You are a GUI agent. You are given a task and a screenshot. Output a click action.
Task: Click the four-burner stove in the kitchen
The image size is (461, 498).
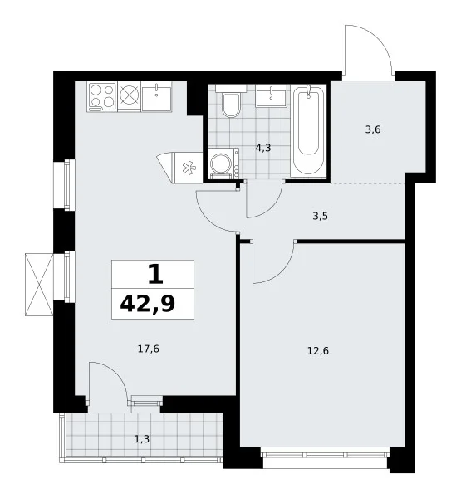point(102,96)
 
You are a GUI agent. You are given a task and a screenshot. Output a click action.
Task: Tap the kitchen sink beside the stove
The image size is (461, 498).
point(156,96)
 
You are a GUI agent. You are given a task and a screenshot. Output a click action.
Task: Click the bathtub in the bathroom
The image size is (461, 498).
point(308,130)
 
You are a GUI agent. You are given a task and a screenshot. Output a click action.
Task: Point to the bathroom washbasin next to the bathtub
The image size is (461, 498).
point(271,96)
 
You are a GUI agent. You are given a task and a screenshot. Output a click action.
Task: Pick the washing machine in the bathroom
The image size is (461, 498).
point(224,164)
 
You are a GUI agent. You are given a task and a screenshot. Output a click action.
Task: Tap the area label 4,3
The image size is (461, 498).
point(263,148)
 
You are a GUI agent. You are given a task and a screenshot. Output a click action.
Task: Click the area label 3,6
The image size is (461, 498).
point(373,129)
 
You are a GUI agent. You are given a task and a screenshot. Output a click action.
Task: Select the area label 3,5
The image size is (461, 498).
point(320,217)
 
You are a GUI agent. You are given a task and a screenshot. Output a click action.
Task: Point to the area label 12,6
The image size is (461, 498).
point(318,351)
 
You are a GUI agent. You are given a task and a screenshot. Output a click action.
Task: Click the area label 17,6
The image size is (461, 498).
point(149,349)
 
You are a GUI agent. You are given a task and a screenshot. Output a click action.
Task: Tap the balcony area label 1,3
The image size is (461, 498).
point(142,439)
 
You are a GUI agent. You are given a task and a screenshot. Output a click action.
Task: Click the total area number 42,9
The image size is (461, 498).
point(148,304)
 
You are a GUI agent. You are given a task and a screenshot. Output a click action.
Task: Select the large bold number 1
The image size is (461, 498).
point(156,275)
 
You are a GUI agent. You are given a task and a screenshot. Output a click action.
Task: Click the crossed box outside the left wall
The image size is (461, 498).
point(39,284)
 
